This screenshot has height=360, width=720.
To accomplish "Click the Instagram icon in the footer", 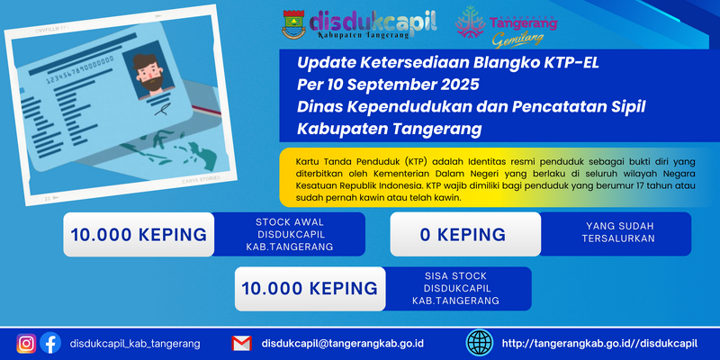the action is pos(26,344).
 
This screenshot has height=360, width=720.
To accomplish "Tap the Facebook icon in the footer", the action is pos(50,343).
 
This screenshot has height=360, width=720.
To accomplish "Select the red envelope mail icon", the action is pos(241,344).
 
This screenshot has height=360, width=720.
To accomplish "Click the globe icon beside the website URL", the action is pos(480,343).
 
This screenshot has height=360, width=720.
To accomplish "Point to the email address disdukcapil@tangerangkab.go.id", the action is pos(343,344).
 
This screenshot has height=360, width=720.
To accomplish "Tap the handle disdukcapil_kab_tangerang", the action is pos(135,344).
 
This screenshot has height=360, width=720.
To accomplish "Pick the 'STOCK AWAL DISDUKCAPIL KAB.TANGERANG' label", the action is pos(289,234).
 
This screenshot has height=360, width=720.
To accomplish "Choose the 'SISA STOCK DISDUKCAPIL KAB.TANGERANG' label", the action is pos(455,289).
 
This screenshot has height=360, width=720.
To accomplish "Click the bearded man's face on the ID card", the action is pos(149,74).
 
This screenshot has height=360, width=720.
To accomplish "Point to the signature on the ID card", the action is pos(161,109).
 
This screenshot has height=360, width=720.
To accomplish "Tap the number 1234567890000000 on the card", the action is pos(80,71).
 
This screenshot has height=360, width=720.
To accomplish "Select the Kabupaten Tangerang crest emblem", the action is pos(293,24).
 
